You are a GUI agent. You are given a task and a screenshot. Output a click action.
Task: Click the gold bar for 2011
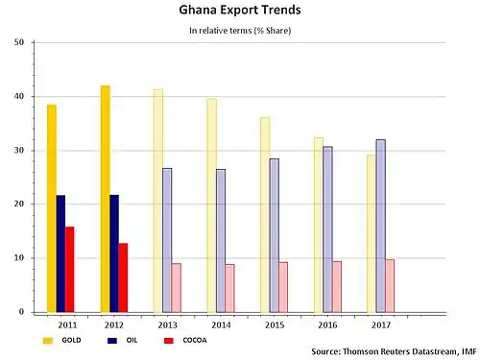pos(52,208)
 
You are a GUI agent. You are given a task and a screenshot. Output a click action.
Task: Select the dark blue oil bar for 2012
pos(114,253)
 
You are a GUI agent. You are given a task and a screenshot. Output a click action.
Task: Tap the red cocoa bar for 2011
pos(70,270)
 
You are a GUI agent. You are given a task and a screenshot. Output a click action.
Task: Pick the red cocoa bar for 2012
pos(123,277)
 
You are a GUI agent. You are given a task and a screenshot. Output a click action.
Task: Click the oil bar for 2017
pos(381,226)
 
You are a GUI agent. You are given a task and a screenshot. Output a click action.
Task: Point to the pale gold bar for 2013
pos(158,201)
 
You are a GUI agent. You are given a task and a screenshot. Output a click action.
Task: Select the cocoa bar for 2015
pos(283,287)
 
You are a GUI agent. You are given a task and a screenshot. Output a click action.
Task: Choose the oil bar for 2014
pos(221,241)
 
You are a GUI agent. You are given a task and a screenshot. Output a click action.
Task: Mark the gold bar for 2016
pos(319,225)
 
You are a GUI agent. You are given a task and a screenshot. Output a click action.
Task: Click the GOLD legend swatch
pos(48,341)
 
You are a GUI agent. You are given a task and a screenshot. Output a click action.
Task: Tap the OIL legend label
pos(132,340)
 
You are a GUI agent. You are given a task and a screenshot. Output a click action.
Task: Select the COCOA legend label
pos(195,340)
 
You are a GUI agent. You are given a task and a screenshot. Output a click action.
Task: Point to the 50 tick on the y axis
pos(19,42)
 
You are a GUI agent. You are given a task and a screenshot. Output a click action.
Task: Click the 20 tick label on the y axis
pos(19,204)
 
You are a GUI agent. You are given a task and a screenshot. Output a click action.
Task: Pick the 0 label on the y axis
pos(21,312)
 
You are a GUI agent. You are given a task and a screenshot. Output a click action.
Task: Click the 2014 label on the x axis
pos(221,325)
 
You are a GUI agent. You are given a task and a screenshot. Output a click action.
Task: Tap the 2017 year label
pos(381,325)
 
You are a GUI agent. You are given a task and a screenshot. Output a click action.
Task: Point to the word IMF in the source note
pos(468,351)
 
